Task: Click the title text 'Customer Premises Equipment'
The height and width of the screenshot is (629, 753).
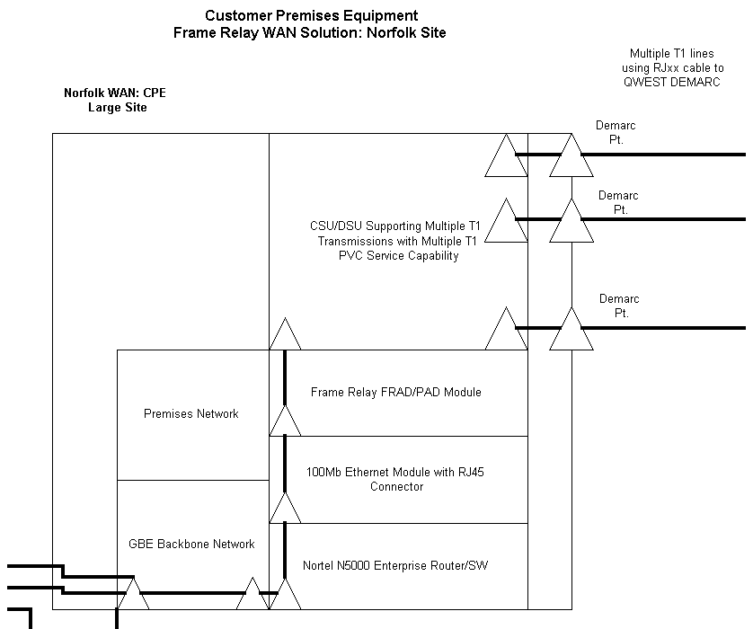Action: [311, 15]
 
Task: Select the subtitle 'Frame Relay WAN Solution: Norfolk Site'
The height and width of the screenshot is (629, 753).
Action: [311, 32]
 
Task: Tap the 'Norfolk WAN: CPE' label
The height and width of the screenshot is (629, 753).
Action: [115, 93]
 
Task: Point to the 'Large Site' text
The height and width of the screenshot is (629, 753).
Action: [117, 108]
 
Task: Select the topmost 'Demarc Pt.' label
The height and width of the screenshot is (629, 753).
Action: [616, 133]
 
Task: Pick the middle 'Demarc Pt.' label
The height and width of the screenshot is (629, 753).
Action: [618, 202]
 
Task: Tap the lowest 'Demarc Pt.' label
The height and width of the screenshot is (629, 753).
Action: [618, 306]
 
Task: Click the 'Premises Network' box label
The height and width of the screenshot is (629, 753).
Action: [191, 413]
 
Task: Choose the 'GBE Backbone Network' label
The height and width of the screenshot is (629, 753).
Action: [191, 544]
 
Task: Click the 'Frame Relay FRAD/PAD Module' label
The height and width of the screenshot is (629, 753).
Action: [396, 392]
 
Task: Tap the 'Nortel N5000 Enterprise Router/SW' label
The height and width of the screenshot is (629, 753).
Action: [396, 565]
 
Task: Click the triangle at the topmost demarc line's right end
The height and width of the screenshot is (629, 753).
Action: [571, 159]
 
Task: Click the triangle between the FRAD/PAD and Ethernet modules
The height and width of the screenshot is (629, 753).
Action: [286, 422]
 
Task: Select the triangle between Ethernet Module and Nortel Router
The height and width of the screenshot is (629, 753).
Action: [286, 509]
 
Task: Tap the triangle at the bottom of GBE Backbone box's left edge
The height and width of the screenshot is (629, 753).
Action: [133, 595]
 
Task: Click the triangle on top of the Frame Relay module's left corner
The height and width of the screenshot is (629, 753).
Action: [286, 336]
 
